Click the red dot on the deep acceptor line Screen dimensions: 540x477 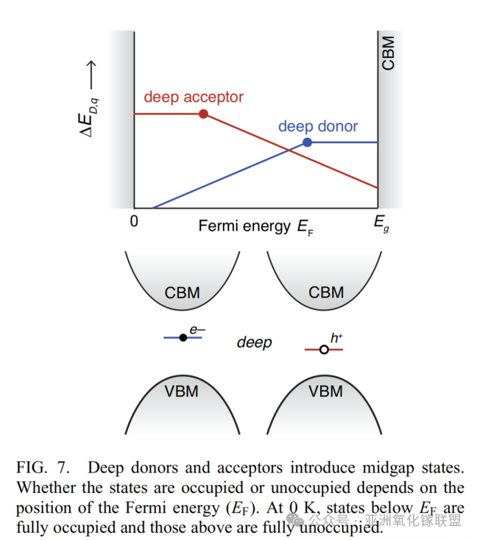coord(204,114)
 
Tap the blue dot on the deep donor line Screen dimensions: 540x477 coord(308,143)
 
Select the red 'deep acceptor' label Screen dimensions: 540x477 coord(194,97)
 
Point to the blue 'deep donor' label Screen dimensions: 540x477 coord(318,126)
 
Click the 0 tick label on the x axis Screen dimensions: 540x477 coord(134,221)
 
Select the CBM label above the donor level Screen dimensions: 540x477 coord(182,292)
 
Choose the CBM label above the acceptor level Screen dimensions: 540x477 coord(326,292)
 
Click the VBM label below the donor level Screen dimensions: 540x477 coord(182,391)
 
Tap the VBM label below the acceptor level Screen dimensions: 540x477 coord(326,391)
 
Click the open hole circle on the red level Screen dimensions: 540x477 coord(323,350)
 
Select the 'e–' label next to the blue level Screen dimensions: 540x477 coord(197,331)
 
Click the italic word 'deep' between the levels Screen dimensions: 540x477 coord(254,342)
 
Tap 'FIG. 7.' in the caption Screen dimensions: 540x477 coord(42,468)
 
